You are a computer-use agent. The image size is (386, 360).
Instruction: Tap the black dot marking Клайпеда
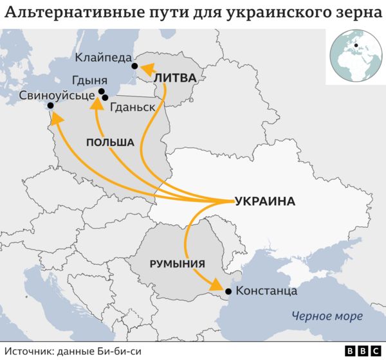pyautogui.click(x=134, y=66)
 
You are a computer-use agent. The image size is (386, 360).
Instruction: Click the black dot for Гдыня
pyautogui.click(x=102, y=92)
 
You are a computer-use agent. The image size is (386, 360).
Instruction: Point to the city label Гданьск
pyautogui.click(x=133, y=107)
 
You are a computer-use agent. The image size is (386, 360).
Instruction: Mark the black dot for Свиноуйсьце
pyautogui.click(x=49, y=111)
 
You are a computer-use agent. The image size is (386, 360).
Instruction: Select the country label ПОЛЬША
pyautogui.click(x=110, y=142)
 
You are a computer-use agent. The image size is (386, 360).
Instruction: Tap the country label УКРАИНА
pyautogui.click(x=265, y=201)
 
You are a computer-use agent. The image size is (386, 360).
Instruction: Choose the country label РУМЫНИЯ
pyautogui.click(x=177, y=263)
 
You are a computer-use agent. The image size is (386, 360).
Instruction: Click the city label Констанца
pyautogui.click(x=266, y=291)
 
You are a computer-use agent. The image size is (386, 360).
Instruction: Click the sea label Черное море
pyautogui.click(x=327, y=316)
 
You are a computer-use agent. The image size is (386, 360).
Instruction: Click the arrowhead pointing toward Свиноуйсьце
pyautogui.click(x=56, y=118)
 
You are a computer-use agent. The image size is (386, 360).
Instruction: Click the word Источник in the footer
pyautogui.click(x=30, y=351)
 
